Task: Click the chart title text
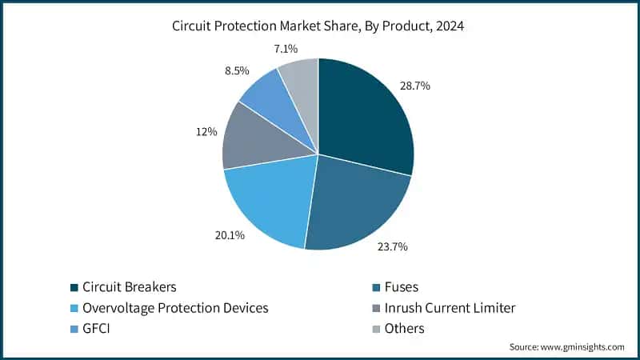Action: (318, 26)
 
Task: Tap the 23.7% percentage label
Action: (392, 246)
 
